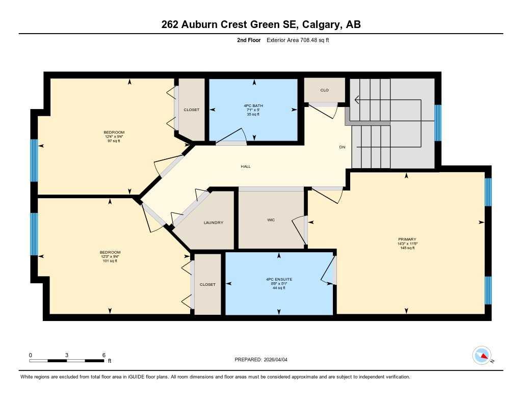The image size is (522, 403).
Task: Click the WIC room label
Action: click(x=271, y=220)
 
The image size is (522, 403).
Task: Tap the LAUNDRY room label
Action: click(x=213, y=223)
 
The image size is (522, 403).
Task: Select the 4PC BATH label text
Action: click(x=251, y=105)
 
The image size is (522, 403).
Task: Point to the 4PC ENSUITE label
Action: click(x=279, y=280)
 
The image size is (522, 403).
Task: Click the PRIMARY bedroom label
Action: click(x=407, y=239)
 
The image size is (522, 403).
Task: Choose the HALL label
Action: click(x=246, y=167)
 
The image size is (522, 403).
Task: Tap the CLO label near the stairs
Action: click(x=324, y=90)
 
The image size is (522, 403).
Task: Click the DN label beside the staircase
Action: click(x=343, y=147)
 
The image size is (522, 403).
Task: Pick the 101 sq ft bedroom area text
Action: click(x=110, y=261)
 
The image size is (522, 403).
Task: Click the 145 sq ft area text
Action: click(x=407, y=248)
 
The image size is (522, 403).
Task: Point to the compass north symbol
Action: click(x=482, y=355)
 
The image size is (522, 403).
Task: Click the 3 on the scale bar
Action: click(x=67, y=355)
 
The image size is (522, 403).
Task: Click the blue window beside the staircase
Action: click(x=437, y=122)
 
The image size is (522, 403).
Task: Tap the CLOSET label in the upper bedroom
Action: click(x=192, y=110)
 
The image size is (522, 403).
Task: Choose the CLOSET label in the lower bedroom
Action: click(x=207, y=285)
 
